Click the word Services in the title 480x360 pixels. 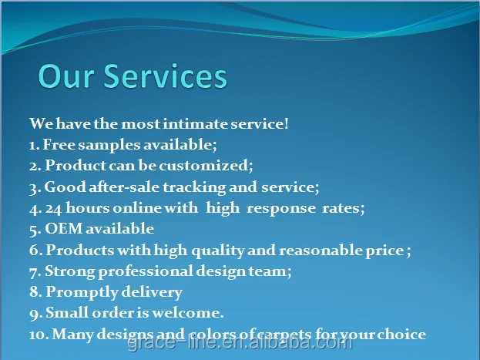coord(166,76)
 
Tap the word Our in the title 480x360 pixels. coord(65,76)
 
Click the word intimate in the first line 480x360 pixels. coord(195,124)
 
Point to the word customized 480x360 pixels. coord(206,166)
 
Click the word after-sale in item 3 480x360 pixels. coord(124,187)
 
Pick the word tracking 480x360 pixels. coord(194,187)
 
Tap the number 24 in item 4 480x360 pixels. coord(54,209)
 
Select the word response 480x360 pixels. coord(281,209)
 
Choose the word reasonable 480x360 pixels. coord(321,251)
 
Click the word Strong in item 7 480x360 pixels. coord(70,272)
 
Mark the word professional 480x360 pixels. coord(146,272)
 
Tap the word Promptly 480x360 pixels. coord(82,293)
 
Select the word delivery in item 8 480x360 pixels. coord(152,293)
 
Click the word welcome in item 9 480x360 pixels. coord(188,313)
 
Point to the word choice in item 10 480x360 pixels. coord(401,334)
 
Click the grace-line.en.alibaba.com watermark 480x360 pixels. coord(240,342)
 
